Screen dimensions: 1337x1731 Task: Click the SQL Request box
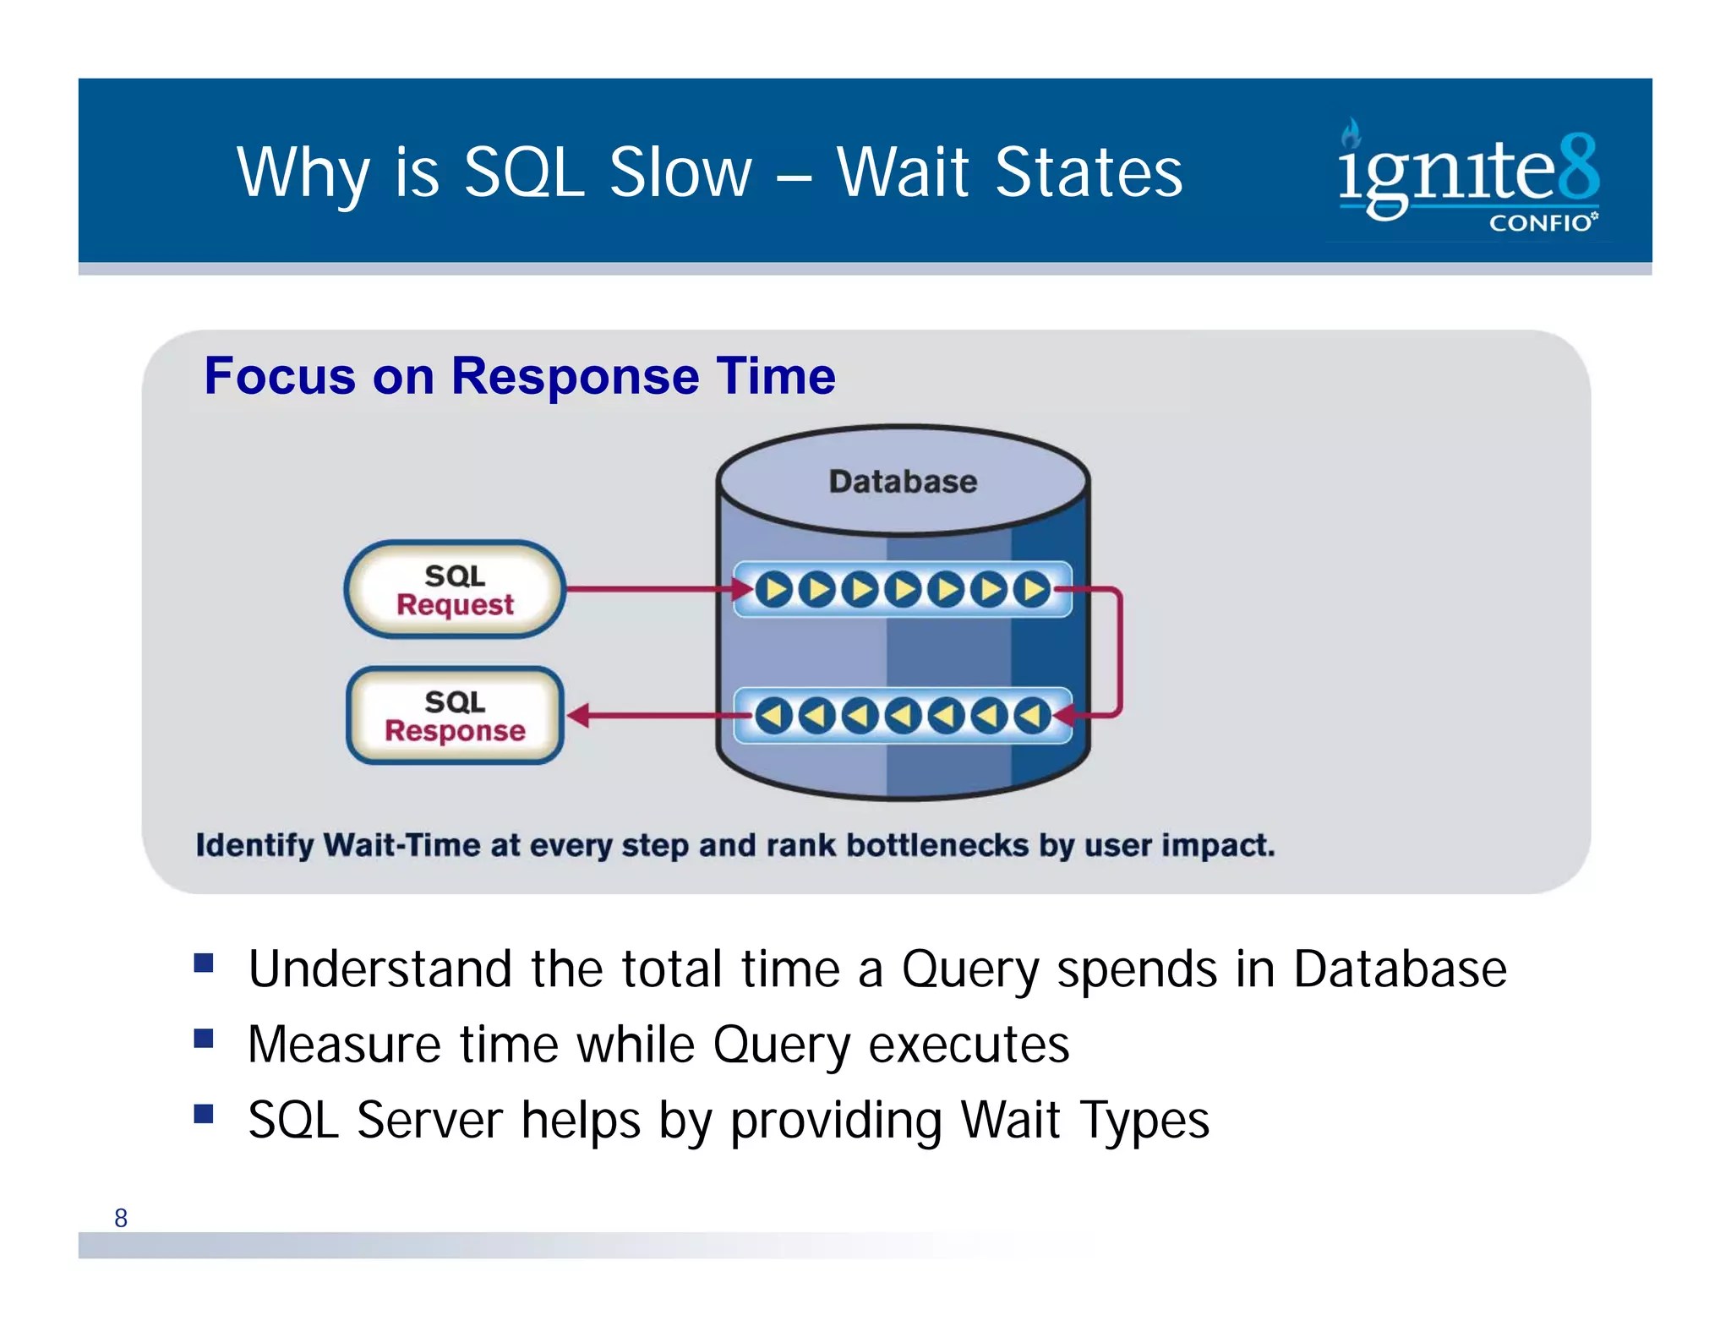tap(455, 589)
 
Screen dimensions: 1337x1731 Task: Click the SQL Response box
tap(455, 715)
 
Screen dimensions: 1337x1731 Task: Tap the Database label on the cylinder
tap(903, 482)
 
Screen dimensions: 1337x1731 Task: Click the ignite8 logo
tap(1467, 173)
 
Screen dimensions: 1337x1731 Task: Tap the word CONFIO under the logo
tap(1540, 223)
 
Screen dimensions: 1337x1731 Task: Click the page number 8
tap(121, 1218)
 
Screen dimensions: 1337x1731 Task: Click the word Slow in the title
tap(680, 172)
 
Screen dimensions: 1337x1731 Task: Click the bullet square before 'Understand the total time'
tap(204, 963)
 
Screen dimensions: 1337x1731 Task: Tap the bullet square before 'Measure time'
tap(204, 1039)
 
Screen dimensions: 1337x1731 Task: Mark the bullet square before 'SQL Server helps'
tap(204, 1114)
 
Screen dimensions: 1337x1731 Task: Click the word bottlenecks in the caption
tap(937, 845)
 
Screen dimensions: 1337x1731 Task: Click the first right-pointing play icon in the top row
tap(773, 589)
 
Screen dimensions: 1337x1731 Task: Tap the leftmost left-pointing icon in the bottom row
tap(773, 716)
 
